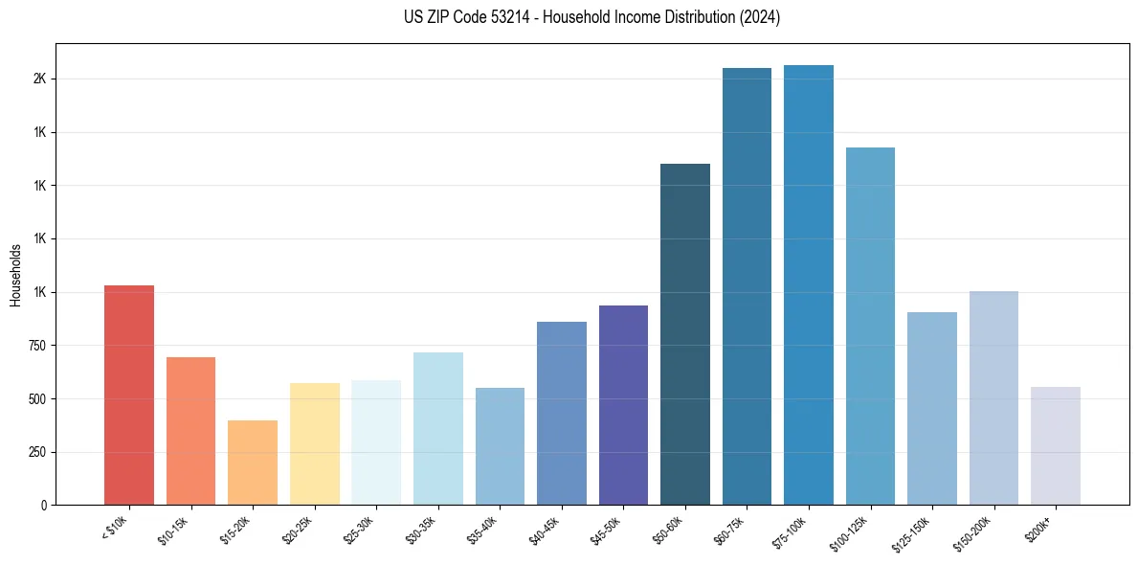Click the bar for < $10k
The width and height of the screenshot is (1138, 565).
click(x=129, y=395)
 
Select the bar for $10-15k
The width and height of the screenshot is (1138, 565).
click(x=190, y=431)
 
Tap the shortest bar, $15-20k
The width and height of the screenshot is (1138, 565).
click(x=253, y=463)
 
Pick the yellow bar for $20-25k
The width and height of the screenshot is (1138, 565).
click(x=314, y=443)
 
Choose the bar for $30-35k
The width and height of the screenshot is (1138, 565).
click(x=437, y=428)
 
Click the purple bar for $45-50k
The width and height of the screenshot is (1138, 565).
click(x=623, y=405)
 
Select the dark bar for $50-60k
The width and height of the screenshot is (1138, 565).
click(x=685, y=334)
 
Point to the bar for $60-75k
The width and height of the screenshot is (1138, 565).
click(x=747, y=286)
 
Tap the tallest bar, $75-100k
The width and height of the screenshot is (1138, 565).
click(x=809, y=284)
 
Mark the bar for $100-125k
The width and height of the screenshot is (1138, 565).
click(x=870, y=326)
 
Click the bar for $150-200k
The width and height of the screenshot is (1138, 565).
click(x=993, y=397)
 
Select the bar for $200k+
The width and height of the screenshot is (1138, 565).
click(x=1056, y=445)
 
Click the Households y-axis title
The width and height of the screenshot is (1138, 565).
click(x=16, y=275)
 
